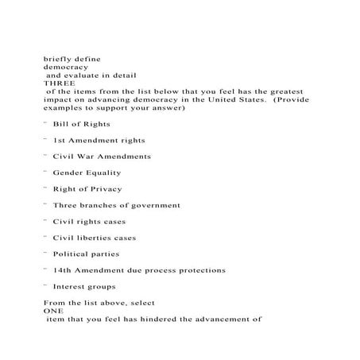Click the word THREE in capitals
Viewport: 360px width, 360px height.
tap(56, 83)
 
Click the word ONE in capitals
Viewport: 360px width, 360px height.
tap(52, 312)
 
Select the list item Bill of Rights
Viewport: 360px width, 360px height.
tap(81, 124)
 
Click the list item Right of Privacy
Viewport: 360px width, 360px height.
tap(87, 189)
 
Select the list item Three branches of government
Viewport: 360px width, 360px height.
tap(116, 205)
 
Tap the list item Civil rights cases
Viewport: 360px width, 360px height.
tap(89, 222)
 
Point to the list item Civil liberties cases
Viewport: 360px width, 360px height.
tap(94, 238)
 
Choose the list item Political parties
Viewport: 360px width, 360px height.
tap(86, 254)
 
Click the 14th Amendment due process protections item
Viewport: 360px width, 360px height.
tap(138, 270)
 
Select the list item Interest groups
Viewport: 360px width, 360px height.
tap(83, 287)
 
